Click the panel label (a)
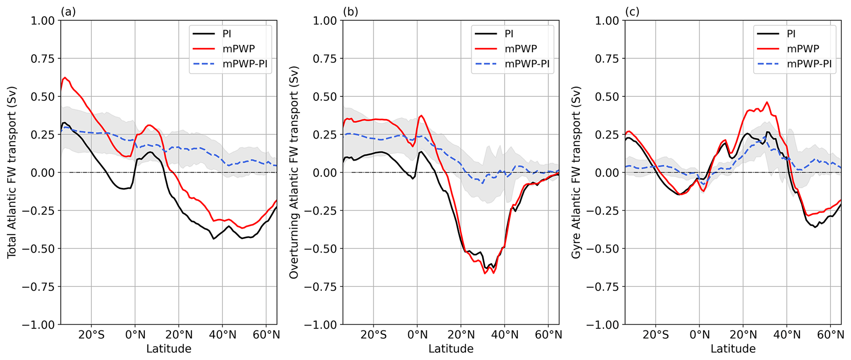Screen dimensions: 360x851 point(68,12)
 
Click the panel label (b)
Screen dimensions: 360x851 point(350,12)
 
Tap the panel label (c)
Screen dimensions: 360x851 point(632,12)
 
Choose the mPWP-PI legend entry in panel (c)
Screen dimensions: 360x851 point(809,64)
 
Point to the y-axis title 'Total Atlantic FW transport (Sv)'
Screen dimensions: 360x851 point(12,172)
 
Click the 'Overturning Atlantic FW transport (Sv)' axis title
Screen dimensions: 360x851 point(294,172)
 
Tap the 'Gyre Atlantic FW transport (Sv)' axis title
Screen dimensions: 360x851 point(576,172)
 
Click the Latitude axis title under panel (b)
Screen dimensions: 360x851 point(451,349)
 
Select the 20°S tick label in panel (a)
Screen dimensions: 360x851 point(91,335)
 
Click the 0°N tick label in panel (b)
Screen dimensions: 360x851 point(417,335)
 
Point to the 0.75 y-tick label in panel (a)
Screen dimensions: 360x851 point(43,59)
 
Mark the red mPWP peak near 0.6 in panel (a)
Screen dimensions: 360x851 point(65,77)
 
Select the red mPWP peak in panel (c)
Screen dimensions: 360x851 point(767,102)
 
